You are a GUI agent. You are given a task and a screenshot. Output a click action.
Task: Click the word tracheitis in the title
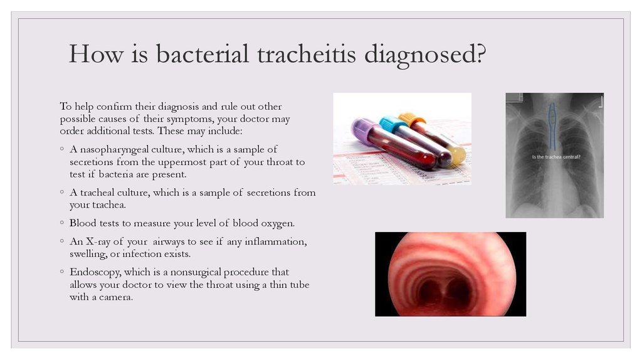click(307, 54)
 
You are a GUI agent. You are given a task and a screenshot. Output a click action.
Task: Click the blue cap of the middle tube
click(391, 124)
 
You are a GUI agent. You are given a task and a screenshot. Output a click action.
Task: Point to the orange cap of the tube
click(412, 119)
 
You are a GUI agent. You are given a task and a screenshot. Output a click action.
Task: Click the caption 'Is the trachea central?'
click(556, 157)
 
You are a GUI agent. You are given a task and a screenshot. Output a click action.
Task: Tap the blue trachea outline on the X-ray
click(552, 125)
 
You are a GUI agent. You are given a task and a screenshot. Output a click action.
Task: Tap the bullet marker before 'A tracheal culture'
click(62, 192)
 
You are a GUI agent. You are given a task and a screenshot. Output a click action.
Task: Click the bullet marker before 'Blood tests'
click(62, 223)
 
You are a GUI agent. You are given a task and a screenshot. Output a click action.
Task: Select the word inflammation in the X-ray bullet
click(276, 241)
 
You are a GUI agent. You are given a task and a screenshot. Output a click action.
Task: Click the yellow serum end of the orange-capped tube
click(458, 155)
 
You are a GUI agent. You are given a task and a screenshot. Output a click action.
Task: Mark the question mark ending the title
click(481, 54)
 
